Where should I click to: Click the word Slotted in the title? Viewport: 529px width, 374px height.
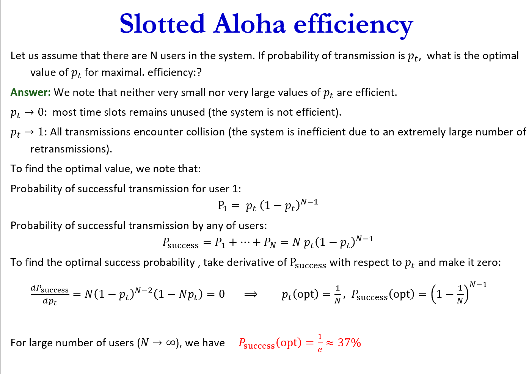click(x=162, y=24)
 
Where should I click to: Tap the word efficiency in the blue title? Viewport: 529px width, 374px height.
click(x=353, y=25)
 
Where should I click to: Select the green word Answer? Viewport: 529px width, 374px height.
click(x=30, y=93)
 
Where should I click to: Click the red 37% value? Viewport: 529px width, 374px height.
click(x=349, y=343)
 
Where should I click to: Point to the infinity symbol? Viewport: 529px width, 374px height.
click(x=171, y=343)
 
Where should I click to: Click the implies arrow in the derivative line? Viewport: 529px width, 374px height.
click(x=251, y=294)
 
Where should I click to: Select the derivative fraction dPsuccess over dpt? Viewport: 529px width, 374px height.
click(x=50, y=295)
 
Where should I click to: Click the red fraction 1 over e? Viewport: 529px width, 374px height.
click(x=320, y=343)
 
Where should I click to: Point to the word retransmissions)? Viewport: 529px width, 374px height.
click(x=71, y=149)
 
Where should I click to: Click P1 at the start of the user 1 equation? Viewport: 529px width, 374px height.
click(x=223, y=206)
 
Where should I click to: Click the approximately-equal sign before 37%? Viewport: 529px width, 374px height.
click(x=330, y=343)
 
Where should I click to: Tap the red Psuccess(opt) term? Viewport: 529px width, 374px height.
click(x=270, y=343)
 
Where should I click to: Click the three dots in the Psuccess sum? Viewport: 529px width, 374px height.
click(x=245, y=242)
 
